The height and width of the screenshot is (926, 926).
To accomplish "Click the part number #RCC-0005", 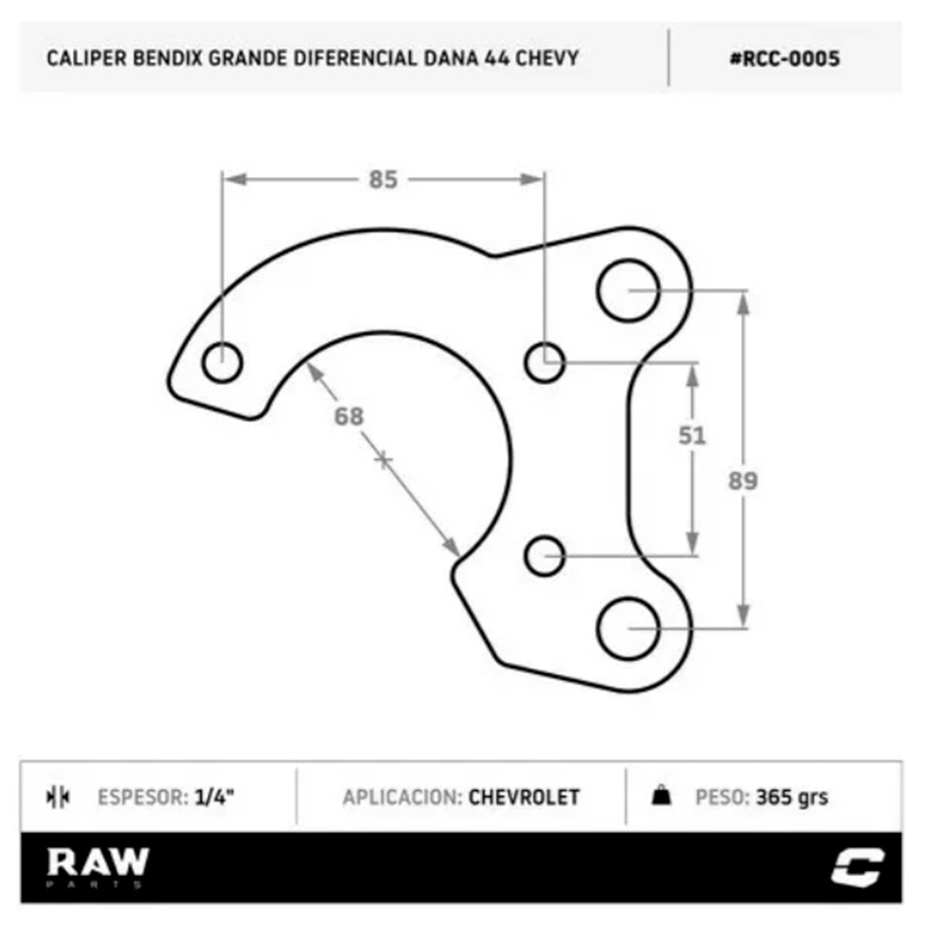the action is click(785, 59).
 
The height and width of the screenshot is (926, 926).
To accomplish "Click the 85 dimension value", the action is click(383, 180).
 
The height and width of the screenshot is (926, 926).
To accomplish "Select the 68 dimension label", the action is click(349, 417).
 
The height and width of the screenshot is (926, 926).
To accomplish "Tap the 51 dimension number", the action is click(691, 436).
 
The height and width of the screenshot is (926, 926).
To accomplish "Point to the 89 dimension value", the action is click(743, 481).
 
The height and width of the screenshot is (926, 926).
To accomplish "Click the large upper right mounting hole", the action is click(628, 290).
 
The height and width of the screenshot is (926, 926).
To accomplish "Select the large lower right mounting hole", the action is click(628, 628).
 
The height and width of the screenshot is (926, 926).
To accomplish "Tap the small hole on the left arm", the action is click(222, 362).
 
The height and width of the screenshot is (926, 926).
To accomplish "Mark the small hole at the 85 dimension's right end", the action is click(544, 362).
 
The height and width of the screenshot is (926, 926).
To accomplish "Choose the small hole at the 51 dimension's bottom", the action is click(544, 556).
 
